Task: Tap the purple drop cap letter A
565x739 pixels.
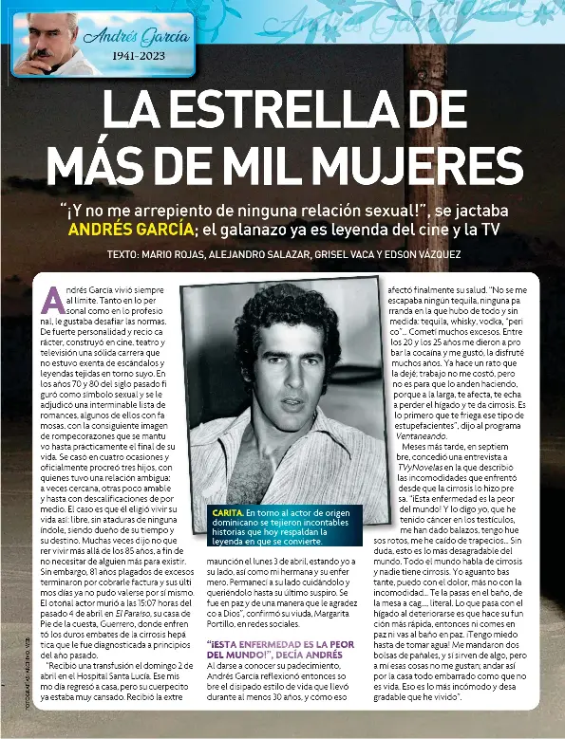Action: pos(51,299)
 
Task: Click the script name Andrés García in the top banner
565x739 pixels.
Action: pos(137,37)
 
